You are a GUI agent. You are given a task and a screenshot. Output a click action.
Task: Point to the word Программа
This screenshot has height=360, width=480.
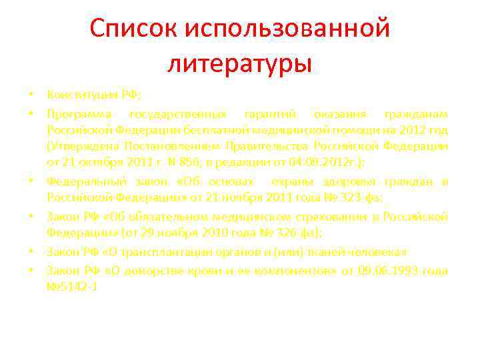tap(76, 112)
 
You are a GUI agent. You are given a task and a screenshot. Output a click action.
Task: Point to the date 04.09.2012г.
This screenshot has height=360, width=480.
tap(318, 163)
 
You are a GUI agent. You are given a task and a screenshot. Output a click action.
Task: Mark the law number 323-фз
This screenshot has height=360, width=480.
tap(355, 199)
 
